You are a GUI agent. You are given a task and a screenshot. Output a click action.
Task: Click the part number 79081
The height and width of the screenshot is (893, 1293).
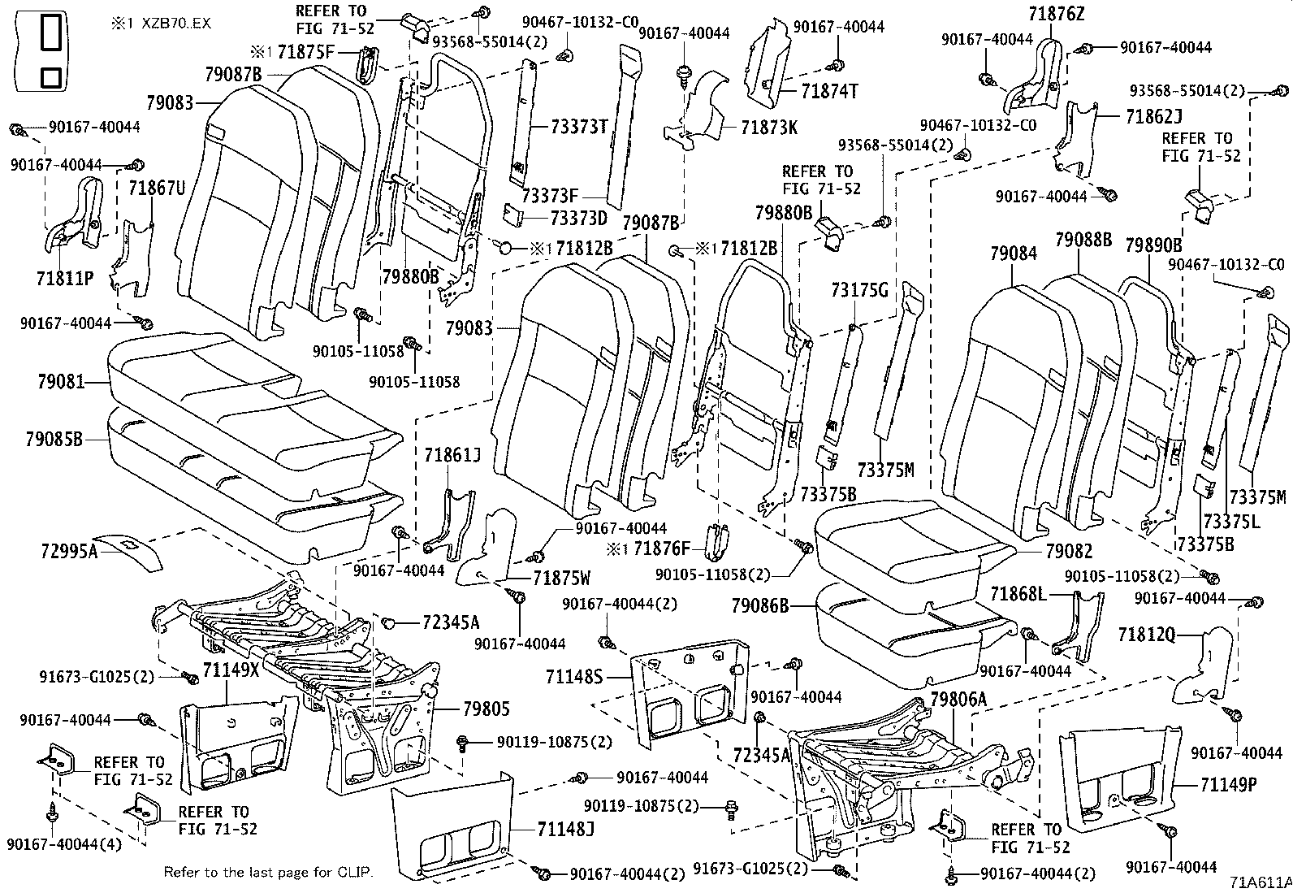[60, 380]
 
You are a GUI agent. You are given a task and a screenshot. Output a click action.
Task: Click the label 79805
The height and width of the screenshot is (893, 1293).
[486, 709]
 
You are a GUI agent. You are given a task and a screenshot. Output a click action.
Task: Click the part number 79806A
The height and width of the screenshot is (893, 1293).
[958, 699]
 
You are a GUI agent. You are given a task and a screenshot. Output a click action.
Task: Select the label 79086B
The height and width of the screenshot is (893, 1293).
[759, 605]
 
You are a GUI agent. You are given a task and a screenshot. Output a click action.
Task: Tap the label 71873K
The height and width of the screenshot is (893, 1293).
[769, 127]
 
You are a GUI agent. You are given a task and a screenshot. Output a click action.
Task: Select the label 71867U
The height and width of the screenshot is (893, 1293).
[157, 189]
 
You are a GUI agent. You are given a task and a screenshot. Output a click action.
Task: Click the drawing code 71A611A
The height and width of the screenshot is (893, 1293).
[1260, 882]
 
